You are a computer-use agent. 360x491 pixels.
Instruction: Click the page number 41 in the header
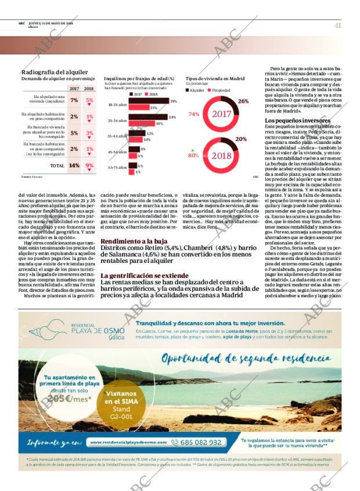pyautogui.click(x=337, y=25)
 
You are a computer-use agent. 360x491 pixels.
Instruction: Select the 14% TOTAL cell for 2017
pyautogui.click(x=74, y=165)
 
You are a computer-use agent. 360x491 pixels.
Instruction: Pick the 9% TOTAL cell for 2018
pyautogui.click(x=89, y=165)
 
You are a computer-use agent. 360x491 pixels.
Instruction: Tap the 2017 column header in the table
pyautogui.click(x=74, y=89)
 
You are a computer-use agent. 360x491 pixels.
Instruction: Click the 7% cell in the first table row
pyautogui.click(x=74, y=100)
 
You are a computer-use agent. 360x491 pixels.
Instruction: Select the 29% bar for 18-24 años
pyautogui.click(x=147, y=102)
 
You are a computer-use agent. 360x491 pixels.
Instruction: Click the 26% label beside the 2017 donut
pyautogui.click(x=243, y=101)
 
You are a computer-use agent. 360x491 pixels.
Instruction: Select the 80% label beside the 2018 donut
pyautogui.click(x=193, y=155)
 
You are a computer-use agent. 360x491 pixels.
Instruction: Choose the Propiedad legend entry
pyautogui.click(x=219, y=91)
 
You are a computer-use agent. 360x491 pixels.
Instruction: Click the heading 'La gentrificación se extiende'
pyautogui.click(x=142, y=275)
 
